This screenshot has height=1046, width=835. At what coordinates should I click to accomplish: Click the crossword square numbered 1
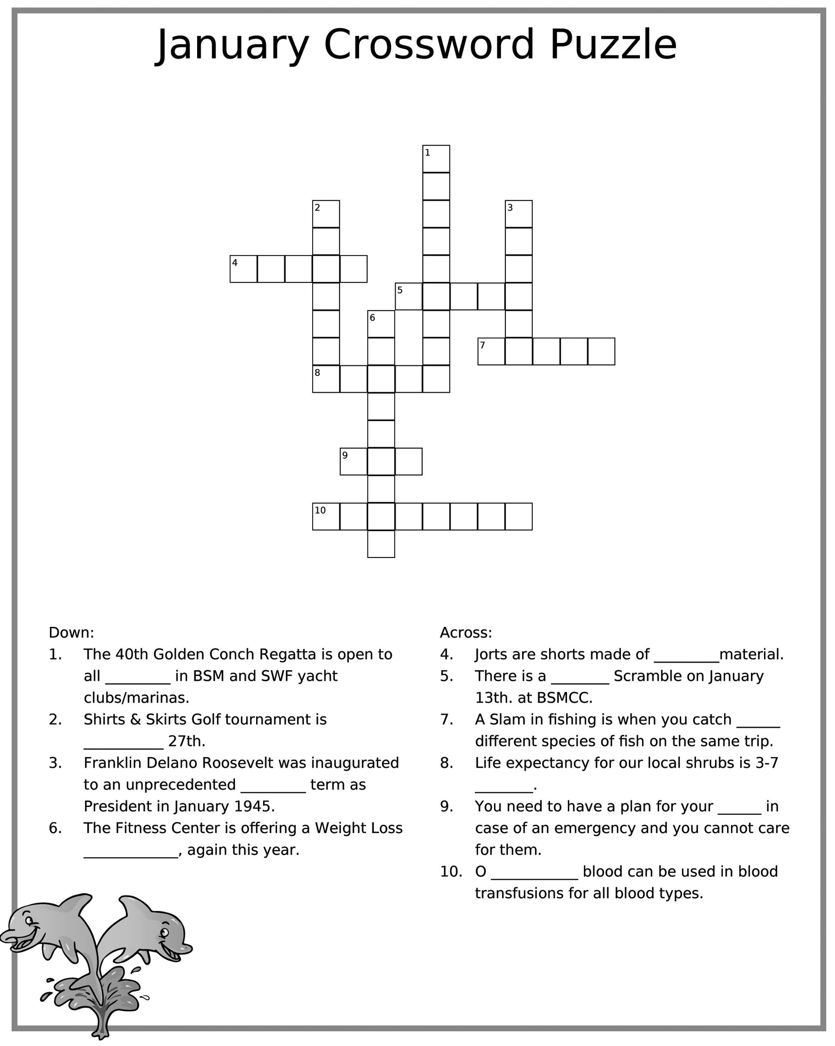point(436,159)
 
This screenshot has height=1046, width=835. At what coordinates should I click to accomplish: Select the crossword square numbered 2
point(326,214)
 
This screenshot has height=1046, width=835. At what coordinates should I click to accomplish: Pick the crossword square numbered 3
point(518,214)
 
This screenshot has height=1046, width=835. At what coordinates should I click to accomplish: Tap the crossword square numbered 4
point(243,269)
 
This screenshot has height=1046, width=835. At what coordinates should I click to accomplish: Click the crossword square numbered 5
point(408,296)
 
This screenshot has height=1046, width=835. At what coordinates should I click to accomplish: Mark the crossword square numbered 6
point(381,324)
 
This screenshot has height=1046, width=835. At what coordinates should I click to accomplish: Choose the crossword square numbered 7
point(491,352)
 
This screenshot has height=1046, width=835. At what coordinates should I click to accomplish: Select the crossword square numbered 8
point(326,379)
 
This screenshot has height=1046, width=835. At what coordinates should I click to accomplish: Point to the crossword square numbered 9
point(353,461)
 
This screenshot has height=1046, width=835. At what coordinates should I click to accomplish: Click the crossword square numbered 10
point(326,517)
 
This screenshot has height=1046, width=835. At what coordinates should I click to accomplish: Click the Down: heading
point(71,633)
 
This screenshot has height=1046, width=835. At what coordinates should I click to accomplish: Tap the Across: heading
point(466,633)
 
